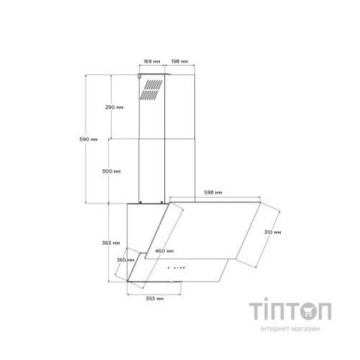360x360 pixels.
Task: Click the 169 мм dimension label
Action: click(152, 61)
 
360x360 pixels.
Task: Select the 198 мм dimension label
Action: click(179, 61)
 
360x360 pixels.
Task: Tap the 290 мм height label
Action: click(114, 107)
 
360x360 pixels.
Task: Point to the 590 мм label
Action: click(89, 139)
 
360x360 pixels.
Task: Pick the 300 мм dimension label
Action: click(112, 171)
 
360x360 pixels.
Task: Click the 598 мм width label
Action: click(213, 192)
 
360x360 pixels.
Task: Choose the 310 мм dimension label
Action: click(272, 232)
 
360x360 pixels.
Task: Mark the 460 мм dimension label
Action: click(164, 251)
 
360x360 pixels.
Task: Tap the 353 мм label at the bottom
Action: click(155, 299)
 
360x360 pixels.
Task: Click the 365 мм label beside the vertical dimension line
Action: click(111, 243)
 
